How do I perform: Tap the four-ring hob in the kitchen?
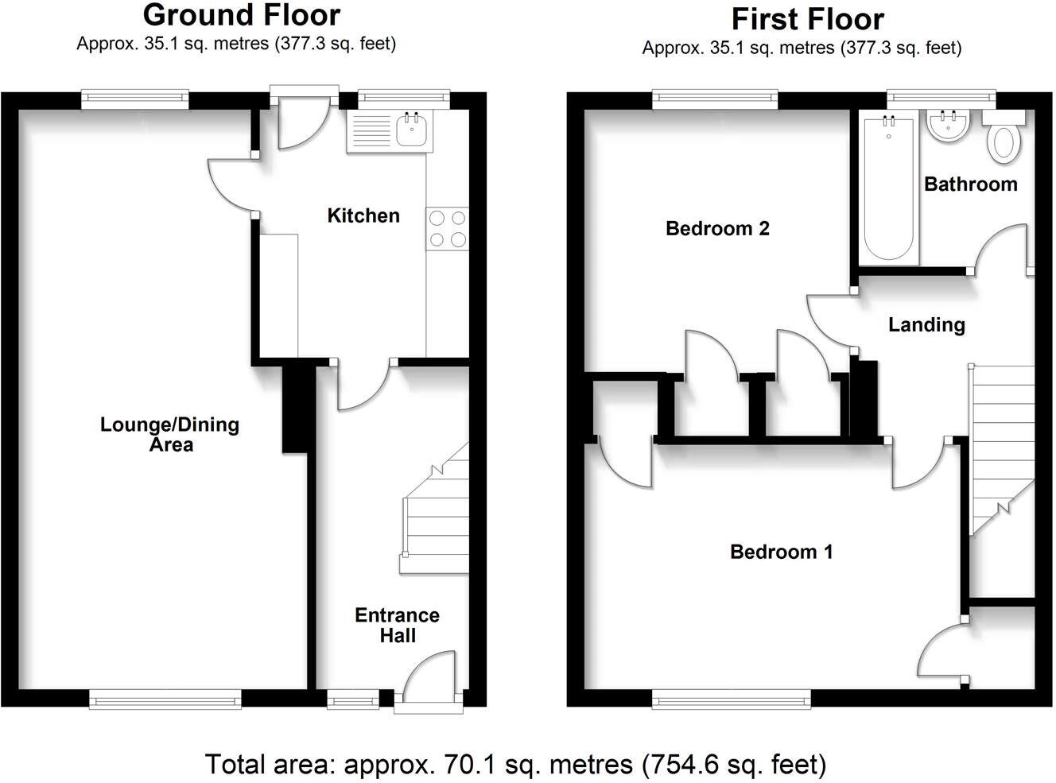pos(447,229)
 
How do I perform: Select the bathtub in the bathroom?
pos(888,188)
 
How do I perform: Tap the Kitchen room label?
pos(363,215)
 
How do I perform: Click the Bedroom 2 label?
pos(717,229)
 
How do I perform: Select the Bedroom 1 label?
pos(781,552)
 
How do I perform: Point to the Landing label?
pos(926,324)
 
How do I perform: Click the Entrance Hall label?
pos(397,626)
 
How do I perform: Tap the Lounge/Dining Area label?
pos(169,434)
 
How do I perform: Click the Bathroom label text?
pos(970,184)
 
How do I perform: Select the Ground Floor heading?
pos(242,15)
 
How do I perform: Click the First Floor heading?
pos(807,19)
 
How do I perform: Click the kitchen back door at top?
pos(301,124)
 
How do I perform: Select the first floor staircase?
pos(1000,445)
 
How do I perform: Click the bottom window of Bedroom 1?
pos(731,700)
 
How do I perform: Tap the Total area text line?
pos(515,765)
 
